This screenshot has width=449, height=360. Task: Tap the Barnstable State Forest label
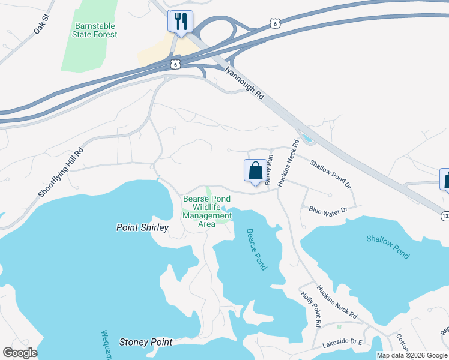click(x=95, y=31)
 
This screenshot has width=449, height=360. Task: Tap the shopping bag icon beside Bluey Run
click(x=255, y=170)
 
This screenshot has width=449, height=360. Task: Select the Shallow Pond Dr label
click(x=330, y=173)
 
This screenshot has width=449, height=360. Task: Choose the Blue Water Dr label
click(x=328, y=209)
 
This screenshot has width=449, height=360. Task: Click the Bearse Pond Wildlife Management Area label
click(x=207, y=211)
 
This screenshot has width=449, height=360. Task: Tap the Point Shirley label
click(x=142, y=227)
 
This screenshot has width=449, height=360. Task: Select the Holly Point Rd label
click(x=312, y=307)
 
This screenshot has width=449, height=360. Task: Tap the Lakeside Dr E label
click(x=343, y=343)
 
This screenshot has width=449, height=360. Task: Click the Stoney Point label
click(x=146, y=342)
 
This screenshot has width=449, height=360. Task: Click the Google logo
click(x=20, y=353)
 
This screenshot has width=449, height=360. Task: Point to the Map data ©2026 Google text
click(x=412, y=355)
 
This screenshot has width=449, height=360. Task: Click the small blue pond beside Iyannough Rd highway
click(x=308, y=140)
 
